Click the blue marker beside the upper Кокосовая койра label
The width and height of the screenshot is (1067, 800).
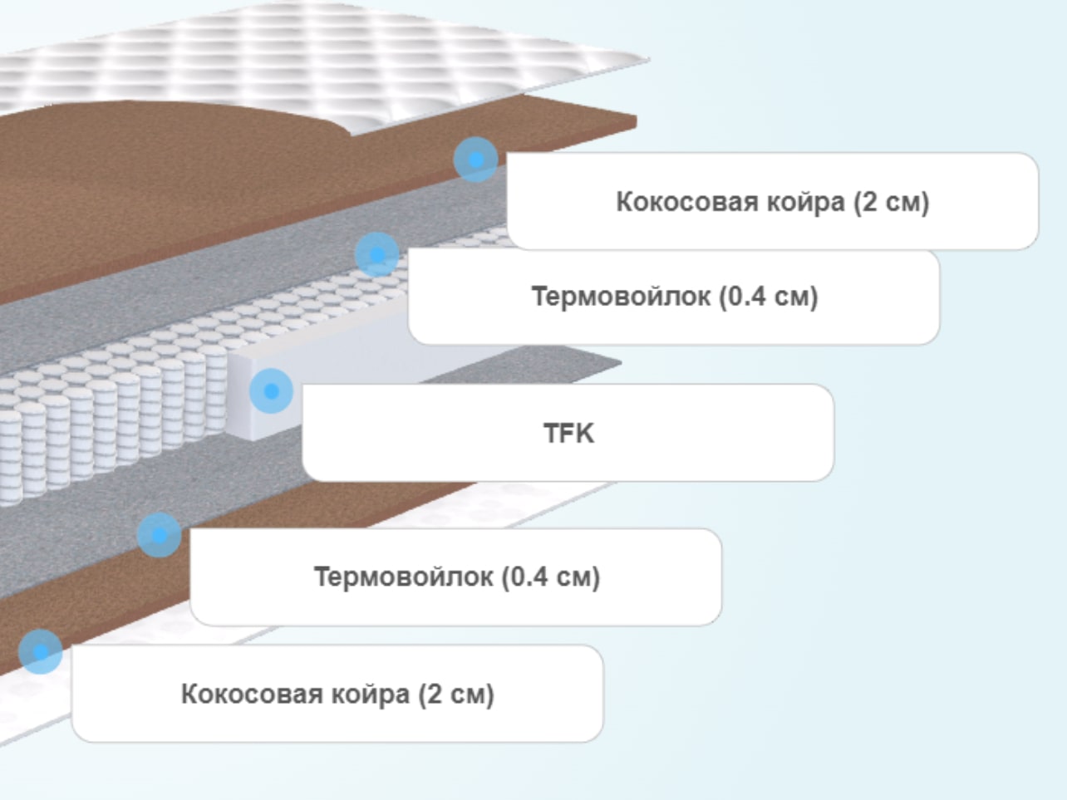475,160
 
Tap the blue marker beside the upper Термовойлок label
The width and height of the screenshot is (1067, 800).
376,254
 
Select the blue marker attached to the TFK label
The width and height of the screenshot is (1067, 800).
271,391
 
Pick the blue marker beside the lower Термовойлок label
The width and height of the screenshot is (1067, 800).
160,535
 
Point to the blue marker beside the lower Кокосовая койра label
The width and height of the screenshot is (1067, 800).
41,652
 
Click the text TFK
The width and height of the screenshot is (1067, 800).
568,433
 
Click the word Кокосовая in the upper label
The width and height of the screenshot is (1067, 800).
687,202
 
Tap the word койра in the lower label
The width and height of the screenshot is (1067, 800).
371,694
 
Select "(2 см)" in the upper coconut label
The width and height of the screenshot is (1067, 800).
892,202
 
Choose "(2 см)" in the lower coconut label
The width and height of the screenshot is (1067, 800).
456,694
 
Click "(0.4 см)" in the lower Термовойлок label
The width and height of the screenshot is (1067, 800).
551,577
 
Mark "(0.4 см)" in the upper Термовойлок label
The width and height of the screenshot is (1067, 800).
769,297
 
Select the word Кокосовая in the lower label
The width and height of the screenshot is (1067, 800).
252,694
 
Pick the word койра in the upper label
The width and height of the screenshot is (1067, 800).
806,202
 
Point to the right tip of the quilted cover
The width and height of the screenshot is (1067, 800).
650,60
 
